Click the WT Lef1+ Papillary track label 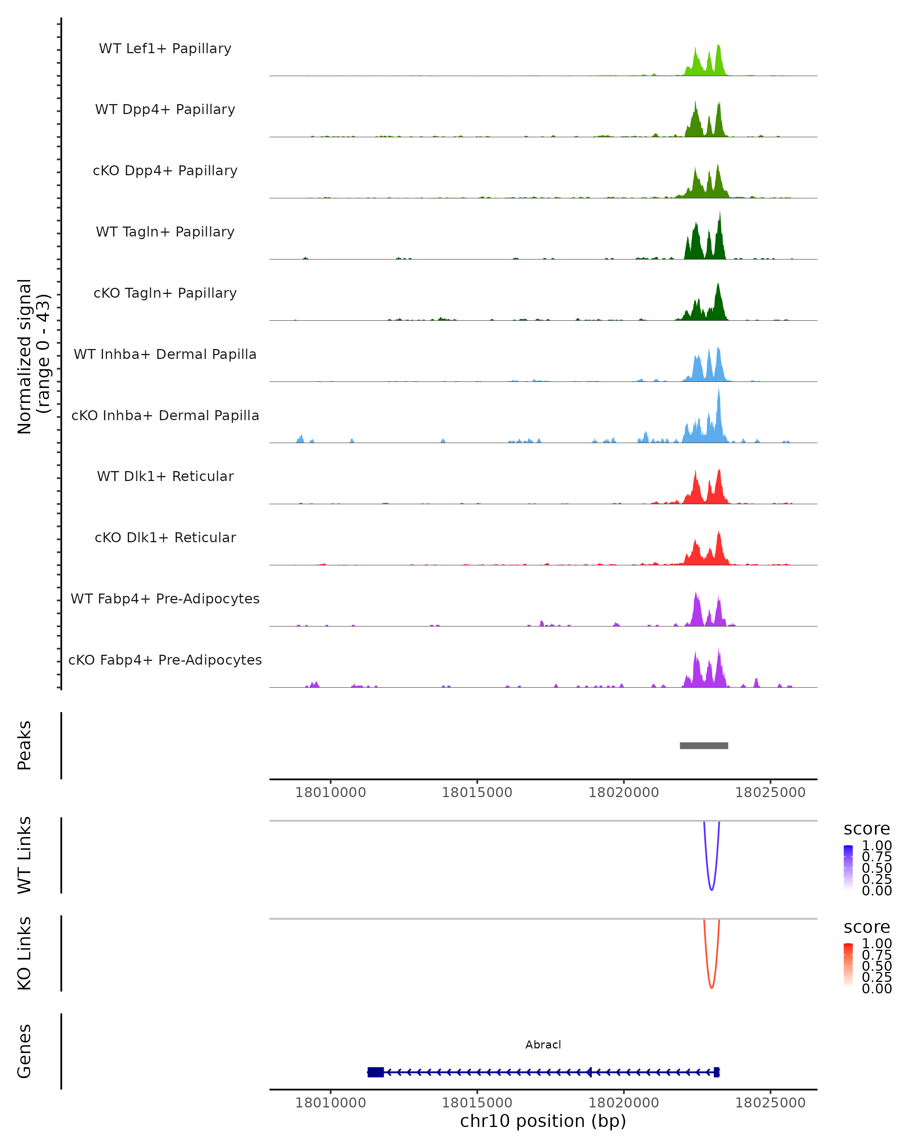[x=165, y=49]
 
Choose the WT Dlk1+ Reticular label [x=165, y=476]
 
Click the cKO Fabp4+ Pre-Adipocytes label [x=165, y=660]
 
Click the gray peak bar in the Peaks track [x=704, y=745]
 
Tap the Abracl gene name [x=543, y=1045]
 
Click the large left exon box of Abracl [x=376, y=1072]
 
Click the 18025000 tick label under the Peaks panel [x=770, y=793]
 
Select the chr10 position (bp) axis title [x=543, y=1121]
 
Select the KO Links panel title [x=25, y=953]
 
